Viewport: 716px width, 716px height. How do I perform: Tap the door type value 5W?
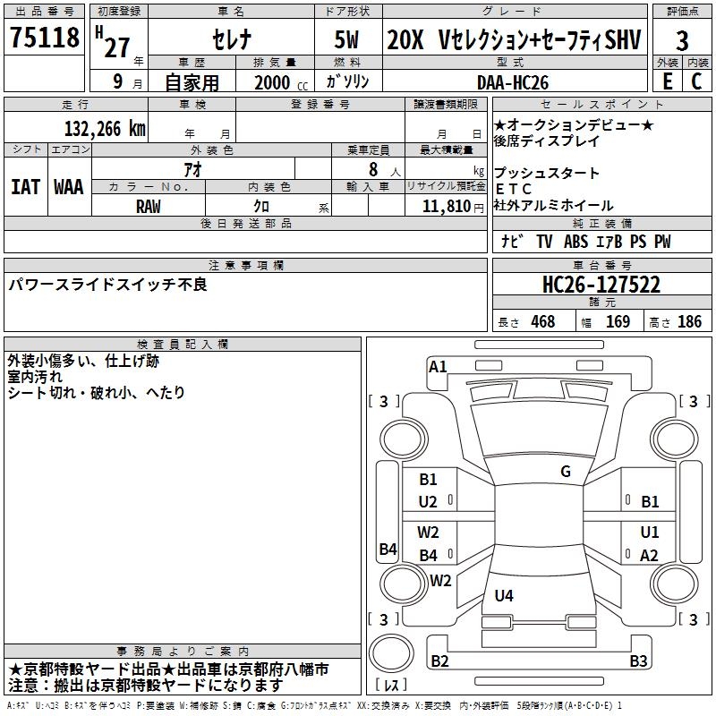tap(349, 40)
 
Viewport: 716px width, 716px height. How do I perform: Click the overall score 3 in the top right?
tap(682, 40)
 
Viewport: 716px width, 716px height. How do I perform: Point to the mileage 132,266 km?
tap(105, 128)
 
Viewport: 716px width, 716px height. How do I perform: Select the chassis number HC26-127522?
tap(601, 285)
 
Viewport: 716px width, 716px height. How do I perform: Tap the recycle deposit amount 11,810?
tap(446, 207)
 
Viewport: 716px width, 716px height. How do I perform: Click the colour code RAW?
tap(149, 207)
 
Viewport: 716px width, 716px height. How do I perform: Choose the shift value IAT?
tap(25, 186)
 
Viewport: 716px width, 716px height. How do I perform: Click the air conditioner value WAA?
tap(69, 186)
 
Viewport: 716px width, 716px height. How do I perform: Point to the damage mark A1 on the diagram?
tap(438, 366)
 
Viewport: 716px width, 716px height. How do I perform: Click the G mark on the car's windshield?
tap(565, 472)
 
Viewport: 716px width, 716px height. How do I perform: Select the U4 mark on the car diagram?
tap(504, 595)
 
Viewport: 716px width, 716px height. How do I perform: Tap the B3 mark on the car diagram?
tap(638, 661)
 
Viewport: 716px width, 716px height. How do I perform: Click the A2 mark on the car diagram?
tap(650, 555)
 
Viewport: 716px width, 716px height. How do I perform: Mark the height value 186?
tap(689, 321)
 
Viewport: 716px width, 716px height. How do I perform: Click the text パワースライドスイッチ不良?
tap(107, 285)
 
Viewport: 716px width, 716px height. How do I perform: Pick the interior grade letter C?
tap(695, 81)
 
